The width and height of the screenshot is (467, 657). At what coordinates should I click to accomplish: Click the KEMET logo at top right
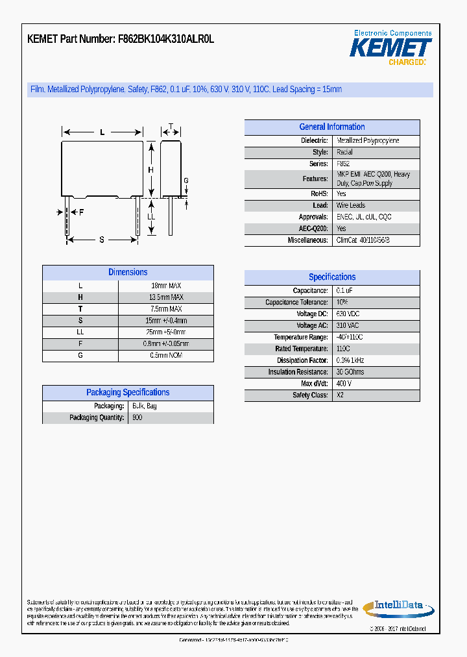(390, 47)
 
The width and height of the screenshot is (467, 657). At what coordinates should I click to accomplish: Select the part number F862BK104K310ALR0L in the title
(167, 39)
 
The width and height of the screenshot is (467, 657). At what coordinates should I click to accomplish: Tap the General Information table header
(331, 127)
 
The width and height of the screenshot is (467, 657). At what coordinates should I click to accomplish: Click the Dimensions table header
(128, 273)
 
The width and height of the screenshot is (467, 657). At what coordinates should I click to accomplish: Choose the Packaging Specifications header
(128, 393)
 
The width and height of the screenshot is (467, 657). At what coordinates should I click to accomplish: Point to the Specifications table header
(331, 277)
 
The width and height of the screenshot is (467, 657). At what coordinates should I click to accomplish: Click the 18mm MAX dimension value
(166, 286)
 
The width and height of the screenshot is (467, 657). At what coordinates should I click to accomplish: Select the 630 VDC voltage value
(348, 314)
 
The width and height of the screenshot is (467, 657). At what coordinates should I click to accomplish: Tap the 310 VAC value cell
(348, 326)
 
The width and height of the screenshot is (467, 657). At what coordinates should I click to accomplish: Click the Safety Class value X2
(341, 395)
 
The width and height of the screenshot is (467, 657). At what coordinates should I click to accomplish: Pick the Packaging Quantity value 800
(137, 417)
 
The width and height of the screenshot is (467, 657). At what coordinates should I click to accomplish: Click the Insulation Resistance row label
(298, 372)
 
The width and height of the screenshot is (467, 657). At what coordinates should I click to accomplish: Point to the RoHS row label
(319, 194)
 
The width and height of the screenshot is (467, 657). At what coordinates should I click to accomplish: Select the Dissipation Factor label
(302, 360)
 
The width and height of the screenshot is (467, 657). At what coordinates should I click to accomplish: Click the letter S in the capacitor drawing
(102, 240)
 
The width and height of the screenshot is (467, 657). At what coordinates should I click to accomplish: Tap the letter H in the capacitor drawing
(150, 170)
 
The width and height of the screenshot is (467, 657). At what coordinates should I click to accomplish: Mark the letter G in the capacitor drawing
(186, 180)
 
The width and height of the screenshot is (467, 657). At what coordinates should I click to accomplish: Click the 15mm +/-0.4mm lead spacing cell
(166, 321)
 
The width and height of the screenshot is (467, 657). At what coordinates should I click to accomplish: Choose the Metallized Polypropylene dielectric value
(368, 141)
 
